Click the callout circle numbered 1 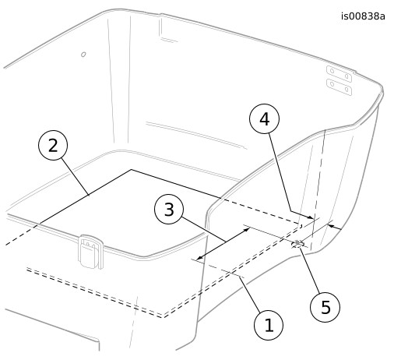(x=269, y=325)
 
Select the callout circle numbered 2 (x=53, y=145)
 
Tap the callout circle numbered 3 (x=169, y=210)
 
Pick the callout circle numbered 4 (x=265, y=118)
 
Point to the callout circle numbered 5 (x=325, y=307)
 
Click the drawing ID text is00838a (x=363, y=16)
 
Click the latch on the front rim (x=90, y=252)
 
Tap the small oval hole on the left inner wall (x=83, y=55)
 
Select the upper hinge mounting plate (x=339, y=74)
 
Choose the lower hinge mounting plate (x=339, y=87)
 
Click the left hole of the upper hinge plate (x=332, y=71)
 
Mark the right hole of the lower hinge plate (x=347, y=90)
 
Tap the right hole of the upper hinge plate (x=347, y=76)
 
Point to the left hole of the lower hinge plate (x=332, y=84)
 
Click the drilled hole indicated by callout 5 (x=297, y=244)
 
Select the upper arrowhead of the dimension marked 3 (x=247, y=229)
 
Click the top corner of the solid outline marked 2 (x=131, y=170)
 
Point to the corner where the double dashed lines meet (x=163, y=316)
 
